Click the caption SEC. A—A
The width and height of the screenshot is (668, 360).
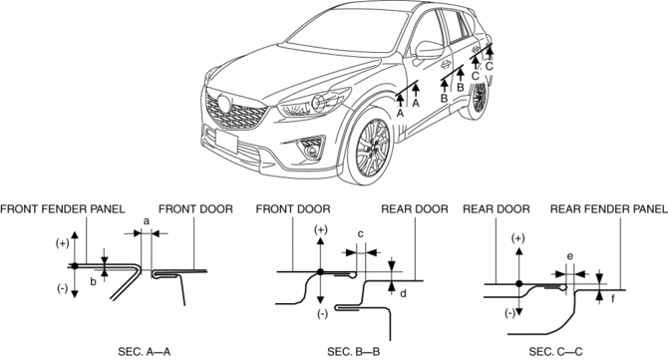click(x=144, y=352)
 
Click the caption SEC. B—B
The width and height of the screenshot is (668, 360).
click(x=354, y=352)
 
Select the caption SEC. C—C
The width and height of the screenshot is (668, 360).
click(x=555, y=352)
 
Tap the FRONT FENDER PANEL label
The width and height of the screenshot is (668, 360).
click(x=63, y=209)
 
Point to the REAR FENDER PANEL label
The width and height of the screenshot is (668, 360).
click(x=609, y=209)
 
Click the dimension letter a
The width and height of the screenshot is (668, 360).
click(x=147, y=221)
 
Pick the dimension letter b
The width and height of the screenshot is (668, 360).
click(x=94, y=281)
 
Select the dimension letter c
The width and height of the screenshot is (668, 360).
click(x=360, y=234)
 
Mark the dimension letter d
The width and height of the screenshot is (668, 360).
click(x=403, y=293)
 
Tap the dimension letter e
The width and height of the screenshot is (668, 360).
click(x=570, y=256)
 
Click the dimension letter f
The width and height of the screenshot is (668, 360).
click(x=612, y=298)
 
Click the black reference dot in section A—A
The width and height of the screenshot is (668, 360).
click(x=75, y=265)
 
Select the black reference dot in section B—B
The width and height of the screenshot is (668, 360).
click(x=321, y=272)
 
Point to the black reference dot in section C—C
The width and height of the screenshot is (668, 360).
click(x=518, y=284)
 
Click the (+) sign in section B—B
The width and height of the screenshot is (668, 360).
click(x=321, y=230)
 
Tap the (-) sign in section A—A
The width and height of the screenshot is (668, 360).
click(x=62, y=288)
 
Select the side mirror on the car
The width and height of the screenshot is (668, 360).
click(x=429, y=50)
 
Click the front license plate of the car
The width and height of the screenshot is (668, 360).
click(x=226, y=141)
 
